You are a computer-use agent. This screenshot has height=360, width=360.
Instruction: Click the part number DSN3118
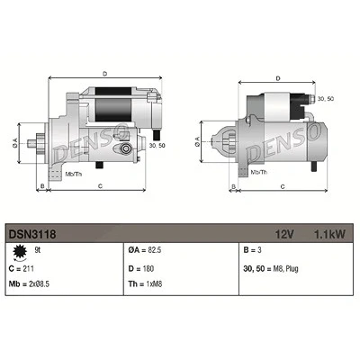point(32,234)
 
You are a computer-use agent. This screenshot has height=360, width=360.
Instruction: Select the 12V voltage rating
point(284,234)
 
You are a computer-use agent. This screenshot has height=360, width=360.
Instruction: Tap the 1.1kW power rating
point(329,234)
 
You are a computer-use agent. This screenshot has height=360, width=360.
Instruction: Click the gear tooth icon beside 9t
point(20,251)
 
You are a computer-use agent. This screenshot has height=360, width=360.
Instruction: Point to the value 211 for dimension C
point(28,268)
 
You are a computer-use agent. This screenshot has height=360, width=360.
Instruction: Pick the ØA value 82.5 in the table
point(155,250)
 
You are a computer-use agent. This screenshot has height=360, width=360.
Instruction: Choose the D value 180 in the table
point(148,268)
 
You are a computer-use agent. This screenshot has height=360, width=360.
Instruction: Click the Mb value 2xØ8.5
point(40,283)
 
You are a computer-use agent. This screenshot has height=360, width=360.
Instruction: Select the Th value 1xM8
point(154,283)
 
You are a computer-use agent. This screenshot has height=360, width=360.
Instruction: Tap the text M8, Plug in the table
point(285,269)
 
